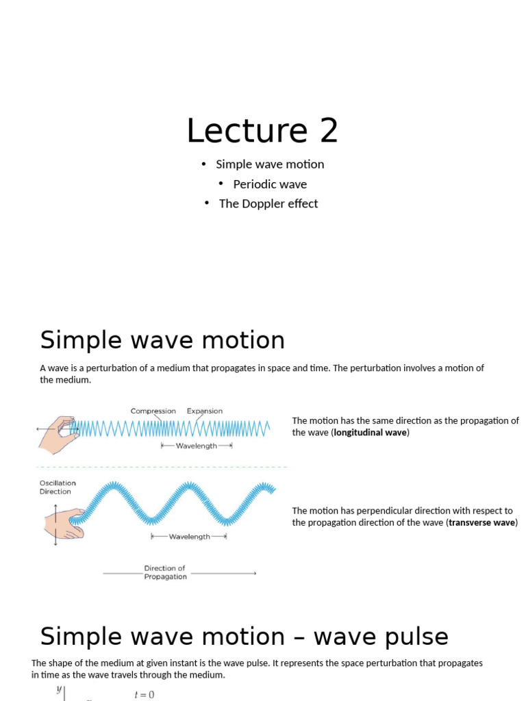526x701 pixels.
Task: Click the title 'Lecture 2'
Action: [x=262, y=130]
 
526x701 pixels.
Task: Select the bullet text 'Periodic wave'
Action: [x=270, y=184]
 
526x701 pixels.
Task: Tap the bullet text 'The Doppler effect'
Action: [x=268, y=203]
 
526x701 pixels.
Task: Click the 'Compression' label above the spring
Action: [x=153, y=411]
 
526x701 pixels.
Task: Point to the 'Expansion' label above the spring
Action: [x=205, y=411]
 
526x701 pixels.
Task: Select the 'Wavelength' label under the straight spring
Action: [x=197, y=446]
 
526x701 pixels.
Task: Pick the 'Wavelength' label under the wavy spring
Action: [x=189, y=537]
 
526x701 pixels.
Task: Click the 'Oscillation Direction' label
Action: [x=58, y=487]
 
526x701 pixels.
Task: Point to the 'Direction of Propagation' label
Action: [x=165, y=572]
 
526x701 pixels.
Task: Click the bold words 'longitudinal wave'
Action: [x=370, y=433]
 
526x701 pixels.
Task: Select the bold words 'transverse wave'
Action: [x=482, y=523]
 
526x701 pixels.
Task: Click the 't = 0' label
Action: [x=145, y=694]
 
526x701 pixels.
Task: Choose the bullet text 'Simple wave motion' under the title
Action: [x=270, y=164]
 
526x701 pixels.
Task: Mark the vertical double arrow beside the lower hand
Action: [x=55, y=524]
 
